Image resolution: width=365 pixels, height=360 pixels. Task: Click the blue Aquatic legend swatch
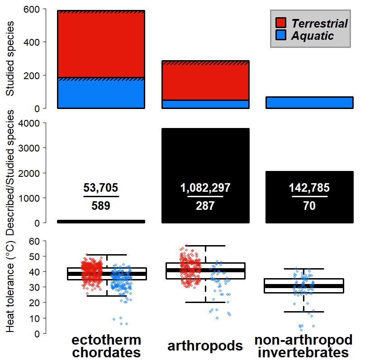281,36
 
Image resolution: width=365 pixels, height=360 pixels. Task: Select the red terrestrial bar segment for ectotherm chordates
101,45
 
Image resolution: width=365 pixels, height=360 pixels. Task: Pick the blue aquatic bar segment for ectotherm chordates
101,94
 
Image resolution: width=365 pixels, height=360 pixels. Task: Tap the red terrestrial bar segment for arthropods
205,81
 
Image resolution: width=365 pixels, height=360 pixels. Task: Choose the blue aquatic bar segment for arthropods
205,104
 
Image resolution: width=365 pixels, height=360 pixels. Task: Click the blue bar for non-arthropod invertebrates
309,103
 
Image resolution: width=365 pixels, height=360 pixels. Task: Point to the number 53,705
101,188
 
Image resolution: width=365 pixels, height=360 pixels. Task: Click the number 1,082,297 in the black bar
205,188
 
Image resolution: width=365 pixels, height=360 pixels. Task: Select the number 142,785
309,188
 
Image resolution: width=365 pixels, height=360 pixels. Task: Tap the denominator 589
101,206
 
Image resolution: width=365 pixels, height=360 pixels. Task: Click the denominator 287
205,206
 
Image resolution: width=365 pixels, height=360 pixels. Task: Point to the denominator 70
309,206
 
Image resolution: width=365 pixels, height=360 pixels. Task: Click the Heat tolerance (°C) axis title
11,287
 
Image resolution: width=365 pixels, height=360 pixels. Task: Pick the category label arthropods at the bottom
205,346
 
